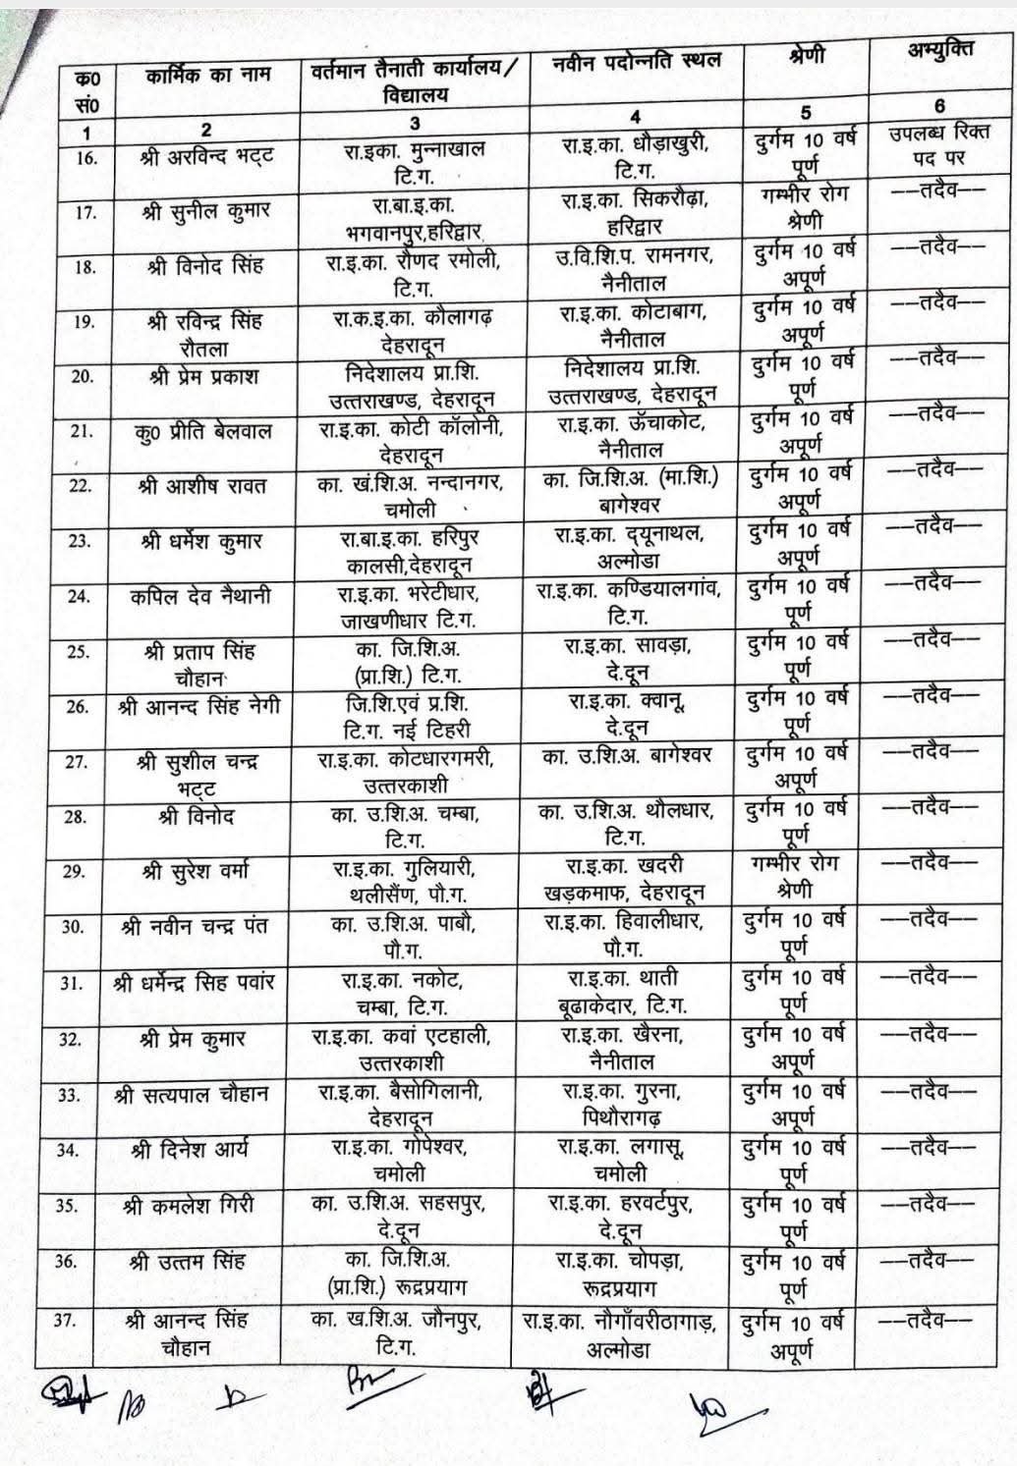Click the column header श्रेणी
806,56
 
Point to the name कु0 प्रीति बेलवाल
204,431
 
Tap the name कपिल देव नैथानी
200,596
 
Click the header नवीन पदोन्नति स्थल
637,62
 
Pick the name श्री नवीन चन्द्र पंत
195,926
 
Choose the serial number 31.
70,982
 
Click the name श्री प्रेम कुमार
193,1038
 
